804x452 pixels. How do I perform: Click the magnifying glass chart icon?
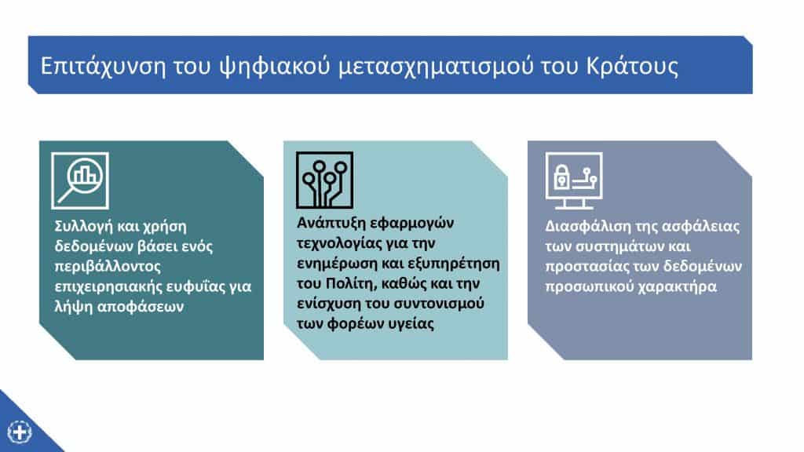[80, 180]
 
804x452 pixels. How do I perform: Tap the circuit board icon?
[324, 180]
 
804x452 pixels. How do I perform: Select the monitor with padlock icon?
[574, 180]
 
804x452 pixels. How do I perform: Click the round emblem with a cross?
[20, 432]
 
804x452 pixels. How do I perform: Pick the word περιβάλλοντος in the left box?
[108, 267]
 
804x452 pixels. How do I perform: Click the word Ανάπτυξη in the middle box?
[331, 224]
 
